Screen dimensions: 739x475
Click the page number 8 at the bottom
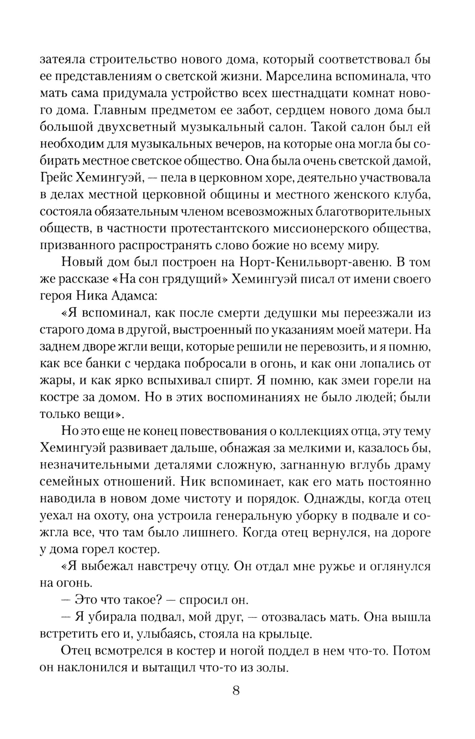coord(236,690)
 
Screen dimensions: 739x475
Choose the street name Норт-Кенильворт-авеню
coord(310,262)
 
